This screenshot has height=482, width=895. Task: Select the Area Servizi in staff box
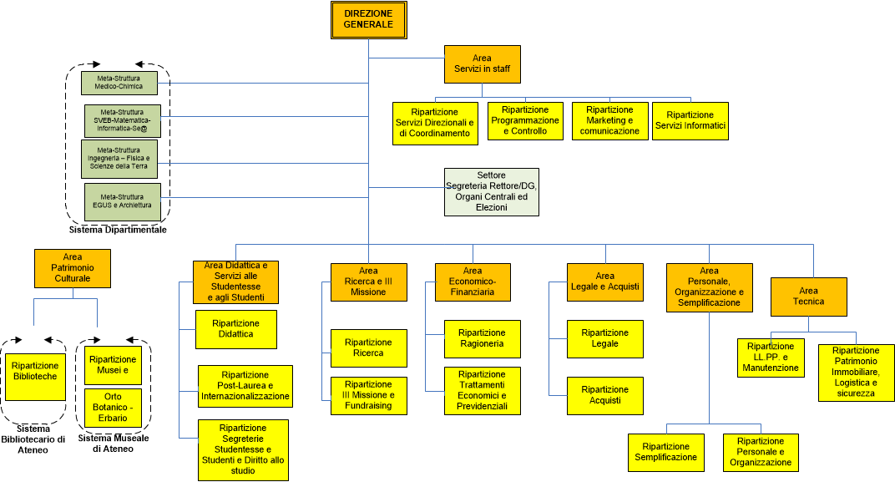(x=482, y=63)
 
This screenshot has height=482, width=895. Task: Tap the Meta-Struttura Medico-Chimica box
(x=119, y=82)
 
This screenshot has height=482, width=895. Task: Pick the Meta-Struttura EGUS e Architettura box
(x=123, y=201)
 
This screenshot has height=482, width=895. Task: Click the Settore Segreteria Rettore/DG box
(x=491, y=191)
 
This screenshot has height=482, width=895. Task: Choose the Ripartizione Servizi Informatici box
(x=690, y=120)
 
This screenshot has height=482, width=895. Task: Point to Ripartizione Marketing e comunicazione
(x=609, y=120)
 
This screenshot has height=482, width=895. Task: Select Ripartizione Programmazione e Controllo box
(x=525, y=120)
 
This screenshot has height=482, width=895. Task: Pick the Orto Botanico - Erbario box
(x=112, y=407)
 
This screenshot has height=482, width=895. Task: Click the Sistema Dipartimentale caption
(x=118, y=230)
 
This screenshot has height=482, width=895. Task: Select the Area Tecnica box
(x=808, y=296)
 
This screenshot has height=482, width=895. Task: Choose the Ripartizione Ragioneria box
(x=482, y=338)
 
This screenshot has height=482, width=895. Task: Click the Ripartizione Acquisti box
(x=605, y=395)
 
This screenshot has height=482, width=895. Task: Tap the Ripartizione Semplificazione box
(x=665, y=452)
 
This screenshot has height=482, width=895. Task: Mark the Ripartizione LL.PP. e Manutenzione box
(x=771, y=358)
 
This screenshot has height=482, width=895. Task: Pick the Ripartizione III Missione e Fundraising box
(x=368, y=395)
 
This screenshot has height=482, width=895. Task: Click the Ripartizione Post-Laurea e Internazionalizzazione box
(x=245, y=386)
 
